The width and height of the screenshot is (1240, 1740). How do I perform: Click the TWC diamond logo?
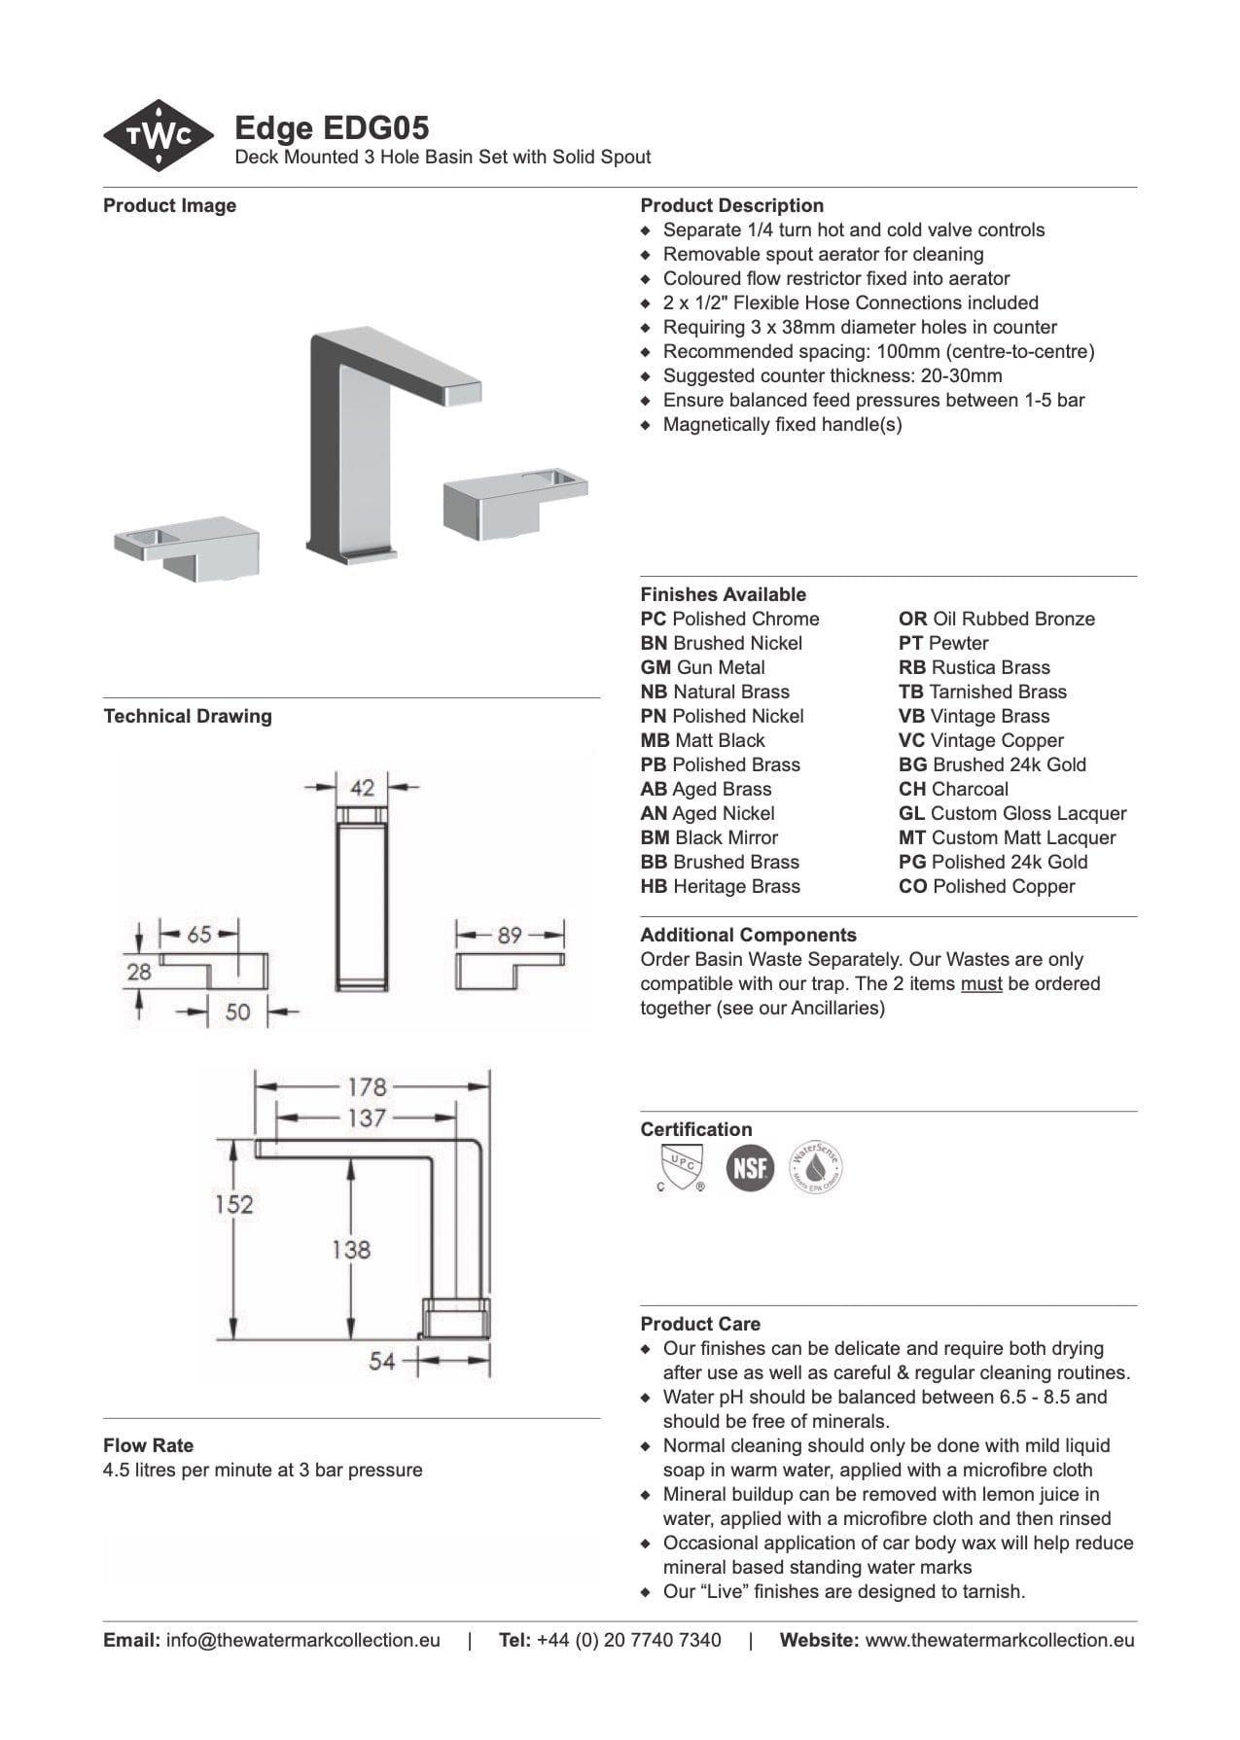159,136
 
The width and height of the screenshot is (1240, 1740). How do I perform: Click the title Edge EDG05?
332,127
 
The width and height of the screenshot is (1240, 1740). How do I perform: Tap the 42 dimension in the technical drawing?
362,787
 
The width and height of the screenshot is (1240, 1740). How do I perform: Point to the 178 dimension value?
367,1086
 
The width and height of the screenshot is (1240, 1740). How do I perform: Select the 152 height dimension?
234,1204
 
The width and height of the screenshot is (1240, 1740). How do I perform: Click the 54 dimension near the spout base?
381,1361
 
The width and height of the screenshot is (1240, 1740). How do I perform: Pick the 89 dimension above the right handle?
510,935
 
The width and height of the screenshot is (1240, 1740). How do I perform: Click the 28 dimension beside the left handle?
139,971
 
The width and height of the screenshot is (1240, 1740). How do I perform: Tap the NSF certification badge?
750,1167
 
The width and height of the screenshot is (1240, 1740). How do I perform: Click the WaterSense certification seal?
814,1167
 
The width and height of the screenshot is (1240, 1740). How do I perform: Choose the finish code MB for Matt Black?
655,740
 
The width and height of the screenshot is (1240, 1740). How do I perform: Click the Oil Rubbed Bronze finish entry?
997,619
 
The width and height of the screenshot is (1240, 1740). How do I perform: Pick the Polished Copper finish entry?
987,886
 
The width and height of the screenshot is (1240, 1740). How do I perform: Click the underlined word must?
981,983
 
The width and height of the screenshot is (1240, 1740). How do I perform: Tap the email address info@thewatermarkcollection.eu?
302,1640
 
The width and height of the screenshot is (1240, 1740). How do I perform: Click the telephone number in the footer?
628,1640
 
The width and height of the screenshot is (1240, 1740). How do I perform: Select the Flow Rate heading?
148,1445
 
